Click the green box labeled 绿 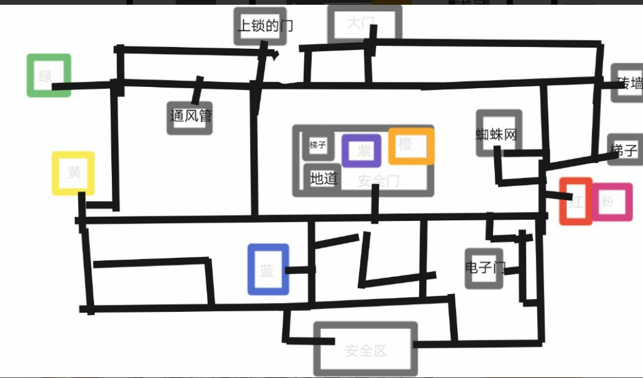(x=48, y=76)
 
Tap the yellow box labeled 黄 (x=73, y=173)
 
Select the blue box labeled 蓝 (x=268, y=270)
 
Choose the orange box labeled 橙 (x=411, y=145)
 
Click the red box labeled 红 (x=576, y=201)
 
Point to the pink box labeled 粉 (x=611, y=202)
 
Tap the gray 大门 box (x=364, y=24)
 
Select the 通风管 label (x=190, y=116)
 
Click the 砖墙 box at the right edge (x=629, y=83)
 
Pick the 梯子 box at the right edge (x=626, y=150)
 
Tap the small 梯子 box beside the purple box (x=318, y=145)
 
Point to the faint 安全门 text (x=379, y=181)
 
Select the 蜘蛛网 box (x=499, y=133)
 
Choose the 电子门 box (x=484, y=268)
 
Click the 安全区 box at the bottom (x=366, y=349)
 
